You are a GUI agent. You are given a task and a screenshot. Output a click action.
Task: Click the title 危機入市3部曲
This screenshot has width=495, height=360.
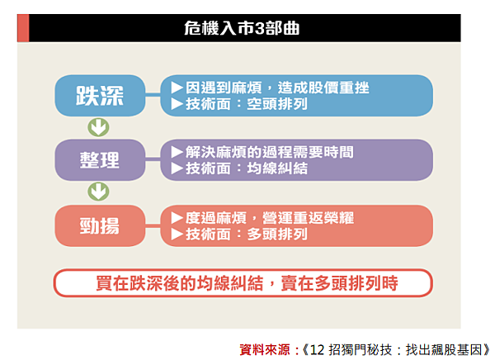[x=242, y=28]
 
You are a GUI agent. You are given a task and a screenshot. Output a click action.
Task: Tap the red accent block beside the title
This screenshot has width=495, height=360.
[x=23, y=28]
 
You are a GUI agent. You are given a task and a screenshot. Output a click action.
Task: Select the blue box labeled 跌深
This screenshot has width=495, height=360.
[x=100, y=96]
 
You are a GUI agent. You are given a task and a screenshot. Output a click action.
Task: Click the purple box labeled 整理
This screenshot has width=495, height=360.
[x=100, y=160]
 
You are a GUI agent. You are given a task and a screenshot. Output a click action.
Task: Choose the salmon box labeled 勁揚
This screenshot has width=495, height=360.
[x=100, y=225]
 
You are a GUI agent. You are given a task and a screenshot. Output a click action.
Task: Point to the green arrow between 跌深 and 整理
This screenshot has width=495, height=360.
[x=98, y=127]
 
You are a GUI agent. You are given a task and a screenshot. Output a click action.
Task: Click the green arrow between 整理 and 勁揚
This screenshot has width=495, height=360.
[x=98, y=192]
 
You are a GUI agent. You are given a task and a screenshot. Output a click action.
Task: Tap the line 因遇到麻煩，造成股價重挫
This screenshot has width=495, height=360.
[x=277, y=88]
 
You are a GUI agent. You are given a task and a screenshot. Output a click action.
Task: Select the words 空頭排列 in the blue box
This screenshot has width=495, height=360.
[x=277, y=104]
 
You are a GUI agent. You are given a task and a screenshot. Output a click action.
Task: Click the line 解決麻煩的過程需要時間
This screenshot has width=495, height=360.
[x=269, y=152]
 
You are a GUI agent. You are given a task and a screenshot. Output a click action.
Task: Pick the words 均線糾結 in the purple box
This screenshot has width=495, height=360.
[x=277, y=168]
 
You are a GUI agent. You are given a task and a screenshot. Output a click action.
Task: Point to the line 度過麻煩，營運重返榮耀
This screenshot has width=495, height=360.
[x=269, y=218]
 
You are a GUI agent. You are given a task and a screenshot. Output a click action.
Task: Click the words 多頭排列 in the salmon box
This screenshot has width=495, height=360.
[x=277, y=234]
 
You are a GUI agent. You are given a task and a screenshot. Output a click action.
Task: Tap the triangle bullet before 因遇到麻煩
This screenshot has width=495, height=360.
[x=177, y=88]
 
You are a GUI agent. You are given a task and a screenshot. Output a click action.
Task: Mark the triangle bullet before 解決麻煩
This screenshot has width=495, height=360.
[x=177, y=152]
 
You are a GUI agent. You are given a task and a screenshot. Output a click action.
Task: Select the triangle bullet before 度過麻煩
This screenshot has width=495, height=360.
[x=177, y=218]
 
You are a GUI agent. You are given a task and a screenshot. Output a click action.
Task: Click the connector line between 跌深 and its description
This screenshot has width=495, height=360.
[x=153, y=94]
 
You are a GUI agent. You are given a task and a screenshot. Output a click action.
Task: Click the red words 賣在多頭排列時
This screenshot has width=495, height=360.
[x=339, y=283]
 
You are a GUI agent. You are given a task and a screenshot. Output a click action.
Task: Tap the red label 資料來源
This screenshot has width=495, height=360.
[x=265, y=350]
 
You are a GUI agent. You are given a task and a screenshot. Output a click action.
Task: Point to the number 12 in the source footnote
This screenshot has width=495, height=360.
[x=318, y=350]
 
